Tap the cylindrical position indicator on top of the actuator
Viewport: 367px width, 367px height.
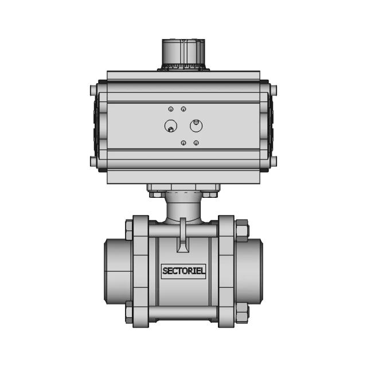point(183,53)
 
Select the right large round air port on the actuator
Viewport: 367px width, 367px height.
point(195,125)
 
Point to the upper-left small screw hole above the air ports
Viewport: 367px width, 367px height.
point(170,109)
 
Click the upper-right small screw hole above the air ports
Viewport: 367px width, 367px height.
point(183,109)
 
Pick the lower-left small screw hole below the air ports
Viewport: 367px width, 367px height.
point(183,142)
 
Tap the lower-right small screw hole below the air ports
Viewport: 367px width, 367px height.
point(196,142)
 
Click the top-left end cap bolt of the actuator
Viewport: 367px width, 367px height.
point(92,91)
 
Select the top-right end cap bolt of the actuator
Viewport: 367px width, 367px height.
point(274,91)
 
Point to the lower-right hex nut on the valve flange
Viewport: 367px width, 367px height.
point(241,313)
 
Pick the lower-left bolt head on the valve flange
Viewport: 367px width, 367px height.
point(126,313)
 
